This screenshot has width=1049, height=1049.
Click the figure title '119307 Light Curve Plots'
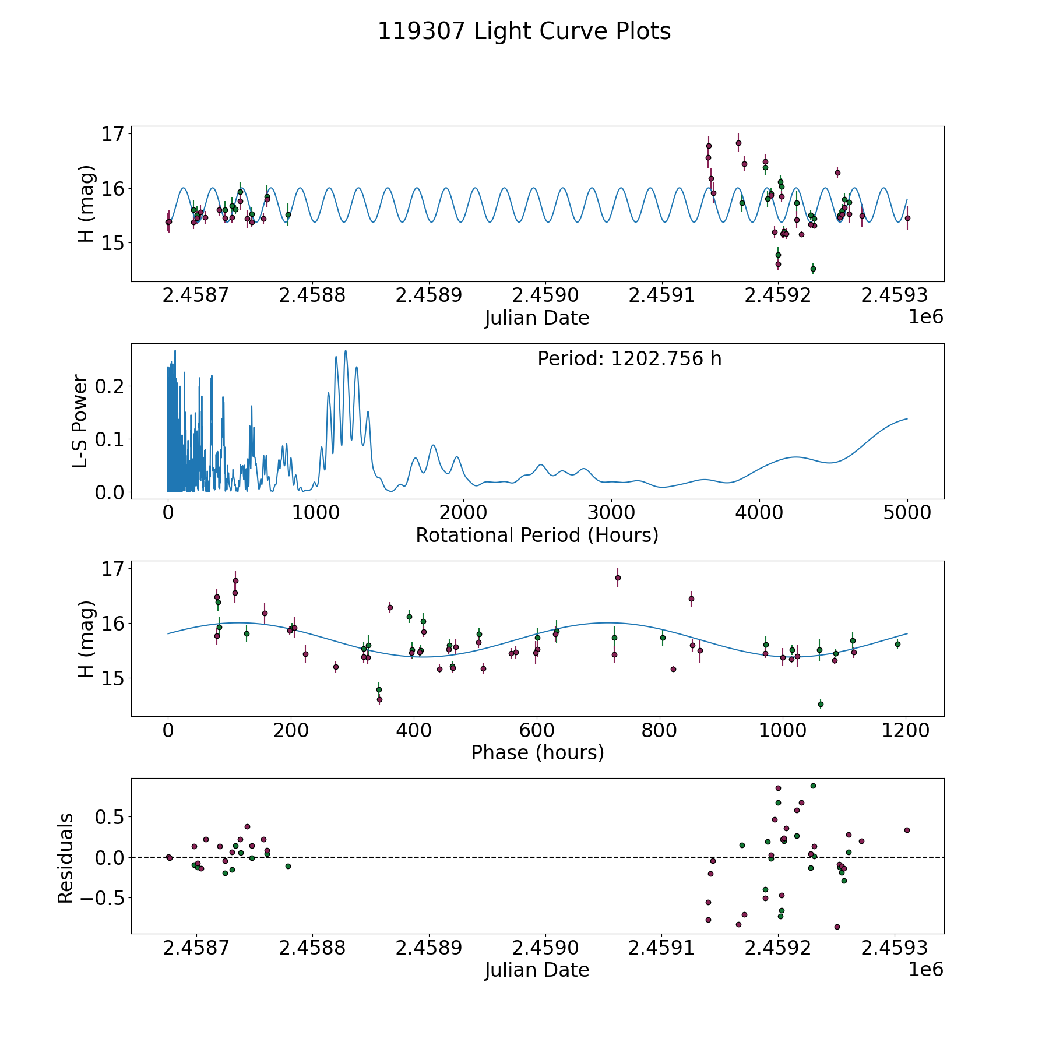coord(524,31)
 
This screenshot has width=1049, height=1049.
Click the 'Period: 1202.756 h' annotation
coord(629,359)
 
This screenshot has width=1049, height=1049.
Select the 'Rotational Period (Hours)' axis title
coord(537,535)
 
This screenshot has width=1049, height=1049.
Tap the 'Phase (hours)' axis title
coord(537,752)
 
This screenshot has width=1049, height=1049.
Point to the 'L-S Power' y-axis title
coord(80,421)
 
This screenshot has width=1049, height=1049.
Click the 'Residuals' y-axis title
coord(66,858)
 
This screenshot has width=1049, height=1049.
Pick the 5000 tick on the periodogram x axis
coord(907,513)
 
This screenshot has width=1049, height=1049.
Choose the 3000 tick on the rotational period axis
coord(611,513)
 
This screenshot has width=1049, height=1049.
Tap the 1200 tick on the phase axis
coord(905,731)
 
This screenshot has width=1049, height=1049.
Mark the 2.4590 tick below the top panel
coord(545,295)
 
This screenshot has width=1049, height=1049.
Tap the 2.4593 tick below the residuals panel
coord(895,948)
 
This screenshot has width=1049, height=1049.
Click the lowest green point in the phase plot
coord(821,704)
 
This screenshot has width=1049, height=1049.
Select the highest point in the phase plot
coord(618,578)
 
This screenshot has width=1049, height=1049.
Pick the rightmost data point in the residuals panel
coord(907,830)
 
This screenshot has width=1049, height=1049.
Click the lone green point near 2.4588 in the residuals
coord(288,866)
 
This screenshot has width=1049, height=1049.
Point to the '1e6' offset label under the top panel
coord(925,317)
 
